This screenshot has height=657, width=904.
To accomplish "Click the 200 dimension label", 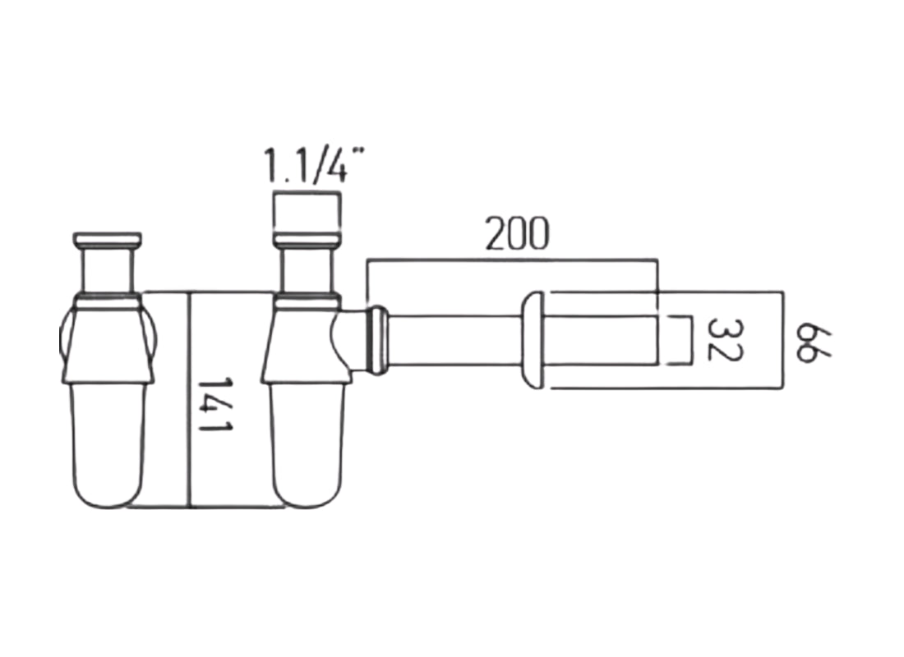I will click(x=516, y=235).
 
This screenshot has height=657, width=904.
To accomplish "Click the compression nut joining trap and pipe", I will click(x=377, y=340).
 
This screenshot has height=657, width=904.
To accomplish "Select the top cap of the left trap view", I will click(x=108, y=240).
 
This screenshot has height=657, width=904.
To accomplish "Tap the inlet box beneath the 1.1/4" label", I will click(x=306, y=213).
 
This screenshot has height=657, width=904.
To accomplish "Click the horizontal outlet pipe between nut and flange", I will click(x=452, y=340).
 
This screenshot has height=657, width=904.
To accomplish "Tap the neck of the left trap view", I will click(x=108, y=270).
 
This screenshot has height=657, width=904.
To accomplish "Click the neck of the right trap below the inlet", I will click(x=307, y=271).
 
